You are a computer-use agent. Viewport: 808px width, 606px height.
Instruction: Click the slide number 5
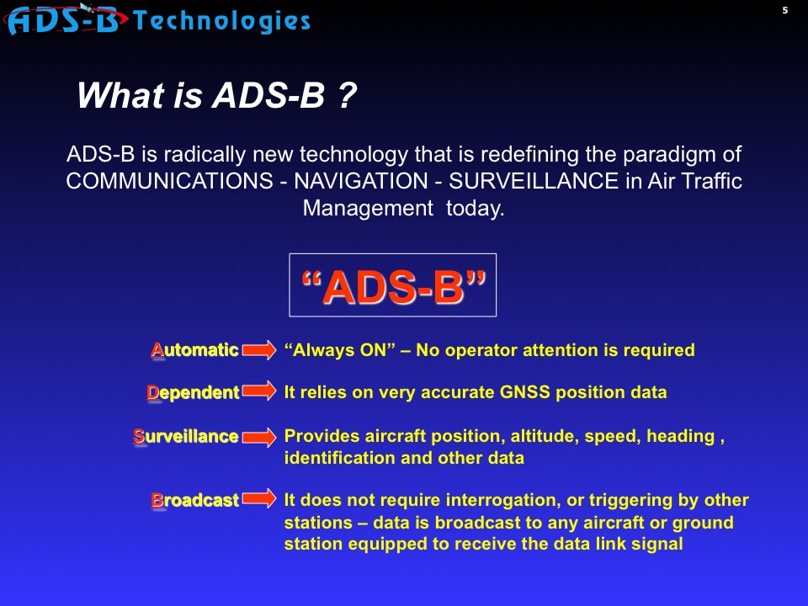(784, 10)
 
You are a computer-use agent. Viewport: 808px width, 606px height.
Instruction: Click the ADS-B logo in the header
(66, 20)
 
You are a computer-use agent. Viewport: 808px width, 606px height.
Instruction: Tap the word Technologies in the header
(221, 21)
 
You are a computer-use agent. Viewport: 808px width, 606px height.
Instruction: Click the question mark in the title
(348, 95)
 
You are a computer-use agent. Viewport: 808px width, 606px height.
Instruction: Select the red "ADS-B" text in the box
(393, 286)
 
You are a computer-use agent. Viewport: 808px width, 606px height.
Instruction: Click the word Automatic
(194, 350)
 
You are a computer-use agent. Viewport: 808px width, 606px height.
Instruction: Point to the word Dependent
(194, 393)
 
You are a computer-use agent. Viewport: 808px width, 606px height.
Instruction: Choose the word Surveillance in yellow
(186, 437)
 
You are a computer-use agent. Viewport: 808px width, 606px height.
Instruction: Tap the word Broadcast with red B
(194, 500)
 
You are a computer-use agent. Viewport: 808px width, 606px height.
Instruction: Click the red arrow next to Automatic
(259, 350)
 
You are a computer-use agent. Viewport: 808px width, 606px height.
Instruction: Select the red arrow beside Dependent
(259, 391)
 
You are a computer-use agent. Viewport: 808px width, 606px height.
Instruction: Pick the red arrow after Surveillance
(259, 438)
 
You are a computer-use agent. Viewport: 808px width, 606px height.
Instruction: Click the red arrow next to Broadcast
(259, 498)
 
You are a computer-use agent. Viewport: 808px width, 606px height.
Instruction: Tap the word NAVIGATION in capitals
(361, 181)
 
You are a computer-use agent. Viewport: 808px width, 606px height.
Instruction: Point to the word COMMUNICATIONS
(169, 181)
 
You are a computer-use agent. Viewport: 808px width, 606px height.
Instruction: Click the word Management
(368, 209)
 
